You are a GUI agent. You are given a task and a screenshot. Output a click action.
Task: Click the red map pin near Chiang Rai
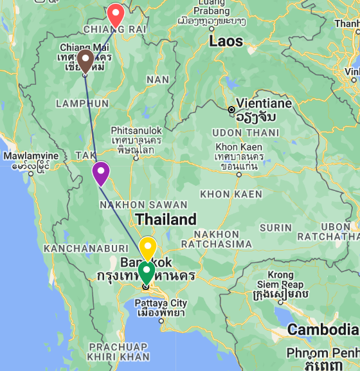(115, 14)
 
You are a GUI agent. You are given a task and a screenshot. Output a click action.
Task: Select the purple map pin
(101, 172)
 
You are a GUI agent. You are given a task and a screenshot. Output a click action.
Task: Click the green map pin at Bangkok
(147, 272)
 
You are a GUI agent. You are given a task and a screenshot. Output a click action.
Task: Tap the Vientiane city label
(264, 103)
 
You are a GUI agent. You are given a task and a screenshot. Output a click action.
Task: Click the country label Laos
(226, 42)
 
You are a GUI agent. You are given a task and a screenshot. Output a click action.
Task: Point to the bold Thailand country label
(166, 219)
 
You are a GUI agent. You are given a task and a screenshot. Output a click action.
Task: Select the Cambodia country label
(323, 330)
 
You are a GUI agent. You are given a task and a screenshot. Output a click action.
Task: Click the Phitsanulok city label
(136, 130)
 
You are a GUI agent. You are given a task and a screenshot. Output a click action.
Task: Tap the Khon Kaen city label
(239, 147)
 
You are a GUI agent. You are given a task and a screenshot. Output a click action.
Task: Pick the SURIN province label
(275, 228)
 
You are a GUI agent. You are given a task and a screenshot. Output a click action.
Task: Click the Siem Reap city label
(285, 284)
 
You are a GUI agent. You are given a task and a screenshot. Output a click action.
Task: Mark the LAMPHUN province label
(82, 103)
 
